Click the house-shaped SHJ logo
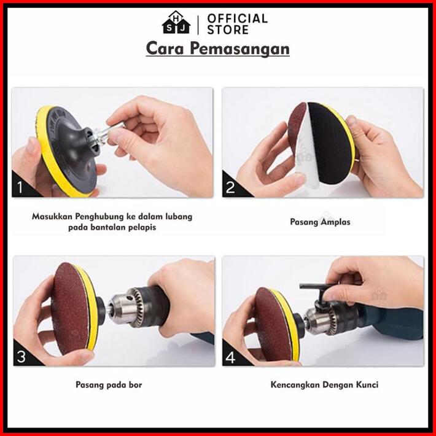[176, 23]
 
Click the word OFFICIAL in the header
[237, 18]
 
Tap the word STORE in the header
[228, 29]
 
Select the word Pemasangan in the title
[239, 49]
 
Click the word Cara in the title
[165, 49]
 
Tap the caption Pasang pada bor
[109, 385]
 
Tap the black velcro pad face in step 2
[330, 143]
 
